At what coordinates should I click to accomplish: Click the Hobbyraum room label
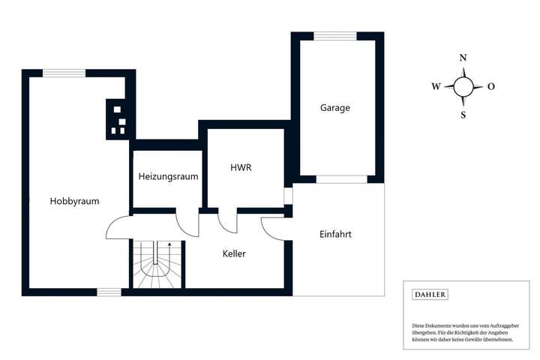(74, 201)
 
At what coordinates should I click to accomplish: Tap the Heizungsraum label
(168, 177)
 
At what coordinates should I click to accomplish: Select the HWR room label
(240, 168)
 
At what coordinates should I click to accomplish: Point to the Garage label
(334, 108)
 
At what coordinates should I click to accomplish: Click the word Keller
(234, 253)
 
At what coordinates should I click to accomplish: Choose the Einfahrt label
(335, 234)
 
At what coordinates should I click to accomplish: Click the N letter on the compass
(463, 58)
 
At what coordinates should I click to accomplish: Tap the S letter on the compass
(463, 115)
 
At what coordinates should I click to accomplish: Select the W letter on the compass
(436, 86)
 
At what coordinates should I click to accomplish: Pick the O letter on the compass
(491, 86)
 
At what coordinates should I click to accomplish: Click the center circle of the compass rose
(463, 86)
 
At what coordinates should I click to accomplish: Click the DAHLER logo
(430, 295)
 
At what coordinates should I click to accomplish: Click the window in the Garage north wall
(335, 35)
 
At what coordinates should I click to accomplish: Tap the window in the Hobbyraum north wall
(64, 73)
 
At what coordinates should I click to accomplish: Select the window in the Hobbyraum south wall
(109, 292)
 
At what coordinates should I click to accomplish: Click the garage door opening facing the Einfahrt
(341, 179)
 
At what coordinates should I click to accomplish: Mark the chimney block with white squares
(118, 119)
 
